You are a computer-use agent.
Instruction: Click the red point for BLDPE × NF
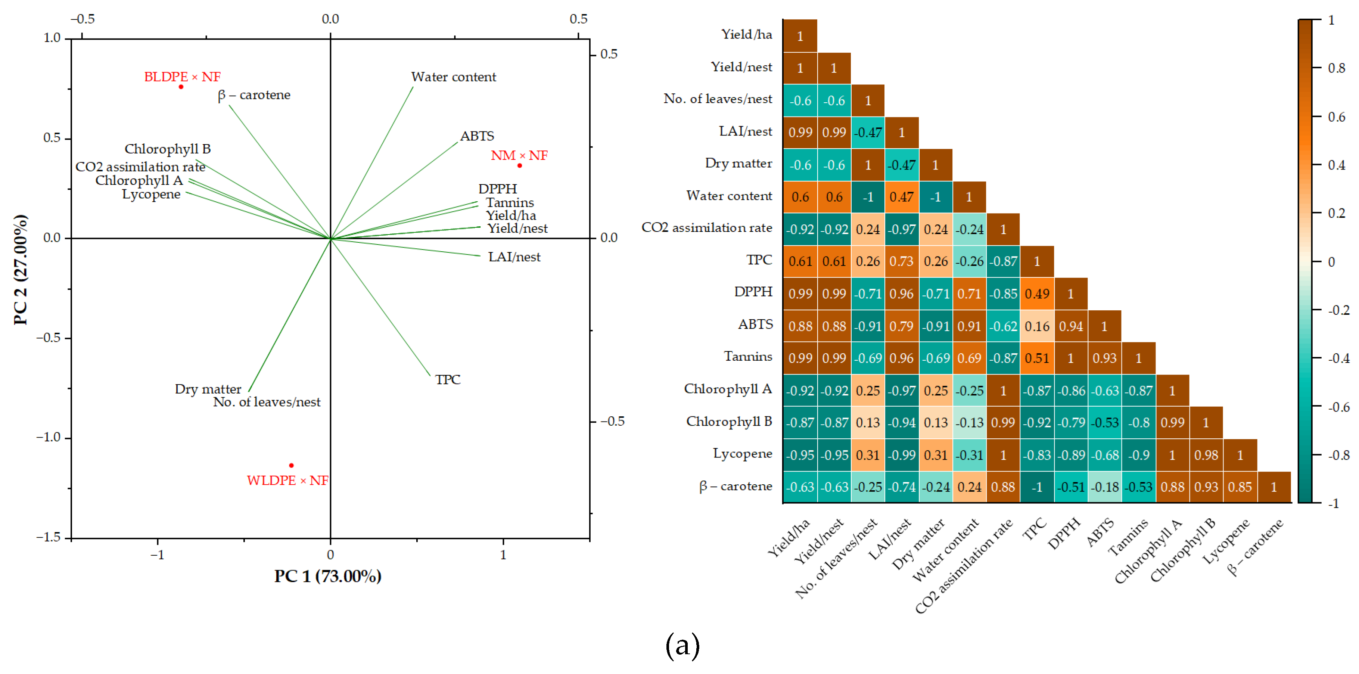pyautogui.click(x=181, y=87)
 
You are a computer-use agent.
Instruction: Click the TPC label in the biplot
pyautogui.click(x=447, y=379)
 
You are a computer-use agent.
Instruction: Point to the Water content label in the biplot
pyautogui.click(x=453, y=77)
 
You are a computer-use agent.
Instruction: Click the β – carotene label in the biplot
pyautogui.click(x=254, y=95)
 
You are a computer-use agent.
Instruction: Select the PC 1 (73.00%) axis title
pyautogui.click(x=328, y=576)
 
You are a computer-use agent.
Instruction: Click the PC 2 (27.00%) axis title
pyautogui.click(x=20, y=270)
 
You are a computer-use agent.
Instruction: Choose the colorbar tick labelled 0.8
pyautogui.click(x=1336, y=68)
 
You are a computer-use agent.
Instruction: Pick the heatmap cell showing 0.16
pyautogui.click(x=1037, y=326)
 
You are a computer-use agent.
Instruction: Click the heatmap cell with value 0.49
pyautogui.click(x=1037, y=294)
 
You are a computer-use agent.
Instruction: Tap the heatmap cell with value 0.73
pyautogui.click(x=902, y=262)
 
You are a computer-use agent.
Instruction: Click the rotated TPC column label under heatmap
pyautogui.click(x=1035, y=529)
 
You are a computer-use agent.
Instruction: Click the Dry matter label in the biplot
pyautogui.click(x=208, y=389)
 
